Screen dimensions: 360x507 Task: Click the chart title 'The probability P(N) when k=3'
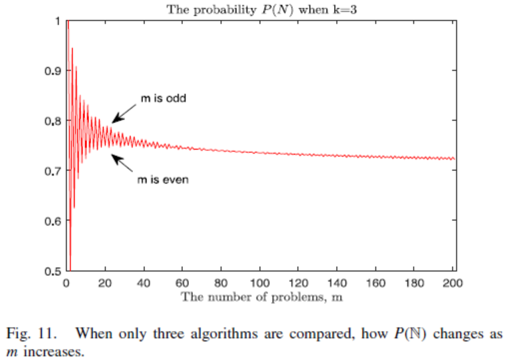coord(260,9)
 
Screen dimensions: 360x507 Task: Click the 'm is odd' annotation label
coord(162,98)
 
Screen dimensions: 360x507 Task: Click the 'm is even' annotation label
coord(163,180)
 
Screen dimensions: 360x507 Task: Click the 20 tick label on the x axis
coord(104,282)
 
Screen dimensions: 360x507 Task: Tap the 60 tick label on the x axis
coord(182,282)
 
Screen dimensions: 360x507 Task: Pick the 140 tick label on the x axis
coord(339,282)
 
